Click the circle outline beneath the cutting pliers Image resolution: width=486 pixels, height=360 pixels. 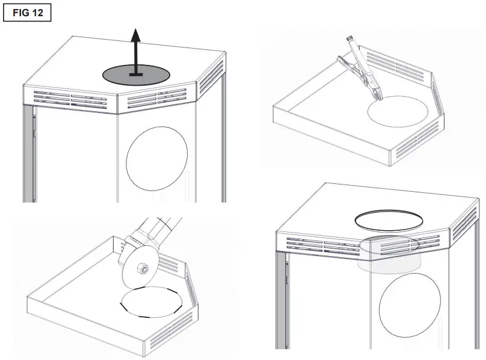[398, 109]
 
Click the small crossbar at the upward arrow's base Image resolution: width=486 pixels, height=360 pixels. [137, 75]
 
